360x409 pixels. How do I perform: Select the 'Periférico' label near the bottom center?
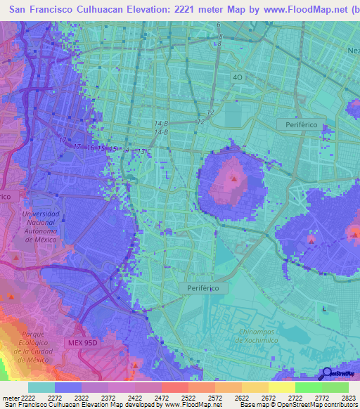(x=203, y=288)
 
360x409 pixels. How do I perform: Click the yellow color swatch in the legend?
(x=281, y=387)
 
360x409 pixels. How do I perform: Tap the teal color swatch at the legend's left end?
(x=41, y=387)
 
